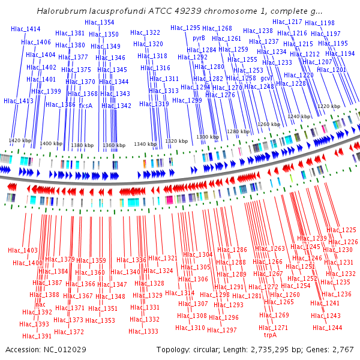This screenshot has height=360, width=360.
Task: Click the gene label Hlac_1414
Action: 25,29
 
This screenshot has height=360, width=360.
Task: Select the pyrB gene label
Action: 199,38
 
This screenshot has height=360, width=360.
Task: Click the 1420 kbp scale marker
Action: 20,140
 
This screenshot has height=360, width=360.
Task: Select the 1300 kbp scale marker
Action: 208,137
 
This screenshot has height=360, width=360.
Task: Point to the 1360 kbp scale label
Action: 114,145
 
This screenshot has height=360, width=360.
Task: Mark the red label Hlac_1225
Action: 341,230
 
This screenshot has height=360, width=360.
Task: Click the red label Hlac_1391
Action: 37,336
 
